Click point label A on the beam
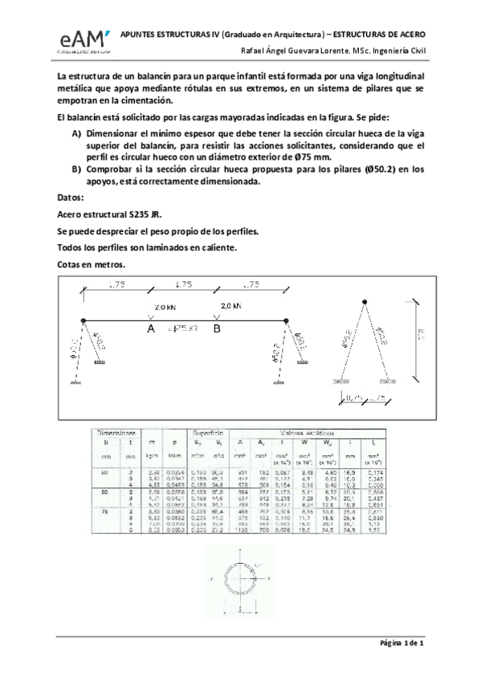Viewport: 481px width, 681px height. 150,328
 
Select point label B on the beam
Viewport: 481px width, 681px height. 215,328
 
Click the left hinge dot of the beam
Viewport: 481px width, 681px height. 84,321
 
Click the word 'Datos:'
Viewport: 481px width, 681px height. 74,197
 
